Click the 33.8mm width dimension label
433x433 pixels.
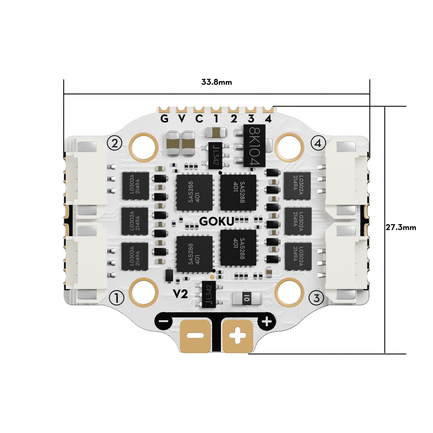(216, 82)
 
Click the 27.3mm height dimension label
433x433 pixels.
(401, 227)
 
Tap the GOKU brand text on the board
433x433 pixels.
(217, 221)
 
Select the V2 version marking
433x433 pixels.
(180, 294)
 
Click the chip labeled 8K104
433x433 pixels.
(254, 146)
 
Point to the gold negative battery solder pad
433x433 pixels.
(195, 336)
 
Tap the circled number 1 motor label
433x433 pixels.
(117, 298)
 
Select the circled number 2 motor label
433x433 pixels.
(114, 144)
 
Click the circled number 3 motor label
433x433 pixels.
(316, 298)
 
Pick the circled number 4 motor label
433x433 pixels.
(318, 143)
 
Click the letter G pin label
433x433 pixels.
(164, 119)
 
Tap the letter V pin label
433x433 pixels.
(182, 119)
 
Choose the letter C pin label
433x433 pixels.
(199, 119)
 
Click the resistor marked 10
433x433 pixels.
(246, 298)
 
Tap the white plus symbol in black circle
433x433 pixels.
(266, 322)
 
